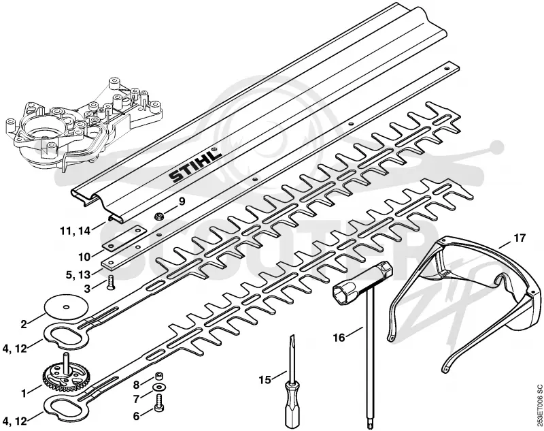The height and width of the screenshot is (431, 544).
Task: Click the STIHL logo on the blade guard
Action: [x=195, y=165]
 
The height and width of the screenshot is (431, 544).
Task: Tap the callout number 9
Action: [x=182, y=201]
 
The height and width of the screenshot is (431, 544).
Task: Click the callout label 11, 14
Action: [x=75, y=230]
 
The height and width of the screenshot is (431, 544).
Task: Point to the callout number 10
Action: [x=84, y=257]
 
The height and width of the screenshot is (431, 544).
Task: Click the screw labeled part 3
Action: [x=111, y=283]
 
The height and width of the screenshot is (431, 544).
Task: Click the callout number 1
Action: [x=24, y=394]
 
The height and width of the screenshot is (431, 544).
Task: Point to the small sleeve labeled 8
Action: [x=159, y=376]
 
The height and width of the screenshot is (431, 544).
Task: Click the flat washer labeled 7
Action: [x=159, y=387]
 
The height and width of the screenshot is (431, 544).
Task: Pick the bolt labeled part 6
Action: [x=159, y=402]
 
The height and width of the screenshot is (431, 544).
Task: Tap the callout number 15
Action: [x=265, y=380]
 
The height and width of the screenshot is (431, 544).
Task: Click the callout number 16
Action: [x=339, y=337]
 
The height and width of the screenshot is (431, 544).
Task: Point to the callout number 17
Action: [x=520, y=238]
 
